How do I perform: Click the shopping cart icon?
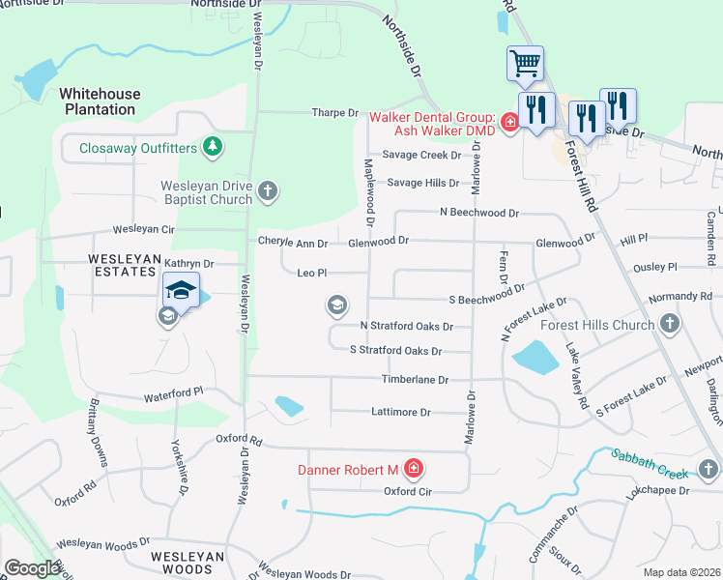click(x=525, y=64)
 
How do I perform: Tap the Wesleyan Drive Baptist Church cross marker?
click(x=268, y=192)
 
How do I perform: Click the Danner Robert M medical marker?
click(x=413, y=470)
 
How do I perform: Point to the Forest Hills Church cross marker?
click(x=668, y=325)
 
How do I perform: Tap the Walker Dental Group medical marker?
click(x=508, y=122)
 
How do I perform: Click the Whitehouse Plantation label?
click(x=100, y=101)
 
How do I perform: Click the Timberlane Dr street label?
click(x=416, y=380)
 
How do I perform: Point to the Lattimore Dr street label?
click(x=401, y=412)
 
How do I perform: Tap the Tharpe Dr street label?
click(x=334, y=113)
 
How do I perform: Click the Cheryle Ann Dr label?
click(x=293, y=242)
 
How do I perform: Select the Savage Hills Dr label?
click(x=423, y=183)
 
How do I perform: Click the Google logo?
click(x=33, y=567)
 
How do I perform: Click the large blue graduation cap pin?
click(x=180, y=290)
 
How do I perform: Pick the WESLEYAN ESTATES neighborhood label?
click(x=123, y=266)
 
